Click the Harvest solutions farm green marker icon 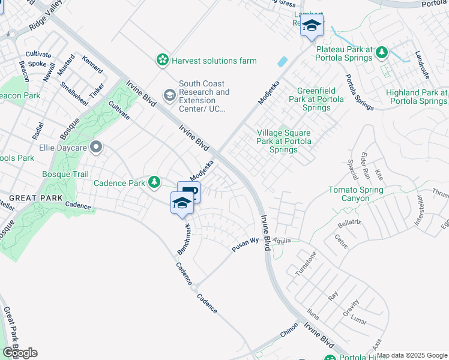[x=162, y=60]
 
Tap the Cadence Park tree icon [x=154, y=182]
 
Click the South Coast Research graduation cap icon [x=169, y=95]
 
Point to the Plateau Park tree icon [x=381, y=53]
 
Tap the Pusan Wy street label [x=246, y=244]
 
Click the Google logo [x=20, y=353]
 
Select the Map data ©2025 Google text [x=412, y=355]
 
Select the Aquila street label [x=282, y=240]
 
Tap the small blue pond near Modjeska [x=282, y=61]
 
